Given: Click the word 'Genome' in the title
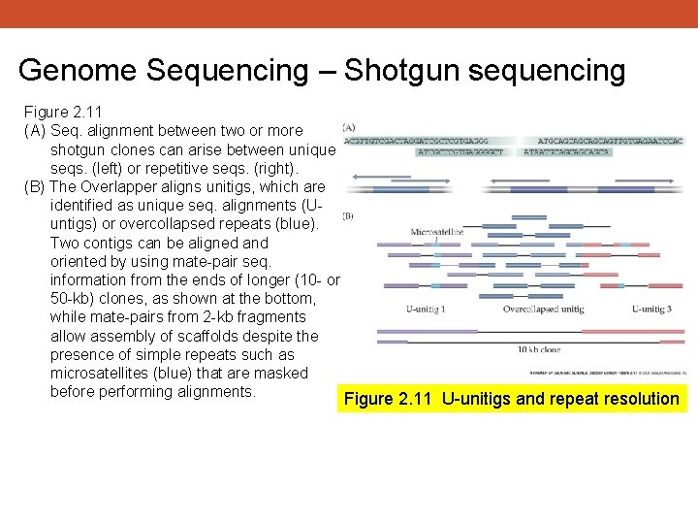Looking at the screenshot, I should (80, 71).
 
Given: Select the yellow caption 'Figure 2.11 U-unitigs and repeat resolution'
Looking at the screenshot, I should (512, 399).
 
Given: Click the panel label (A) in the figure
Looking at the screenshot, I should (349, 126).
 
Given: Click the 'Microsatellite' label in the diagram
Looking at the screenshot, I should (438, 233).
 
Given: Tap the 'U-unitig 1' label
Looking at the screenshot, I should (426, 310).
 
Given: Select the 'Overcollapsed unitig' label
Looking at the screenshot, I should (543, 310).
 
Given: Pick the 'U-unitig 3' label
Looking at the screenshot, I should (660, 310).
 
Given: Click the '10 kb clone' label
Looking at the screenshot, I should (539, 349).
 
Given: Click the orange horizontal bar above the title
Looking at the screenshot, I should (349, 14).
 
